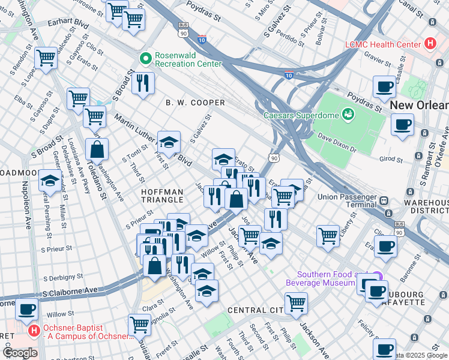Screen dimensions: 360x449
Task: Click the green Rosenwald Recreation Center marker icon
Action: coord(145,58)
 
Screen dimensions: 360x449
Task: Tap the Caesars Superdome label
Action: coord(301,115)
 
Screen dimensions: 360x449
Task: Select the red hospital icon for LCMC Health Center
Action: coord(430,44)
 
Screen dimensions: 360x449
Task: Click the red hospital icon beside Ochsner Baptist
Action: coord(35,330)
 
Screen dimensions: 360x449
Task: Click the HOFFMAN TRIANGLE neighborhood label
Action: coord(162,195)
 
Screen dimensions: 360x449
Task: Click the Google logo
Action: coord(20,353)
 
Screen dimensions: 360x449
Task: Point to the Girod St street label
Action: coord(392,159)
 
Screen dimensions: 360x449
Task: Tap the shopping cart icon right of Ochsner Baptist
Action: coord(139,324)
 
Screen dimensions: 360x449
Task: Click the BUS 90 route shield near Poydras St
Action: coord(182,27)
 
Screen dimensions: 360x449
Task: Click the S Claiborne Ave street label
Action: coord(70,291)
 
